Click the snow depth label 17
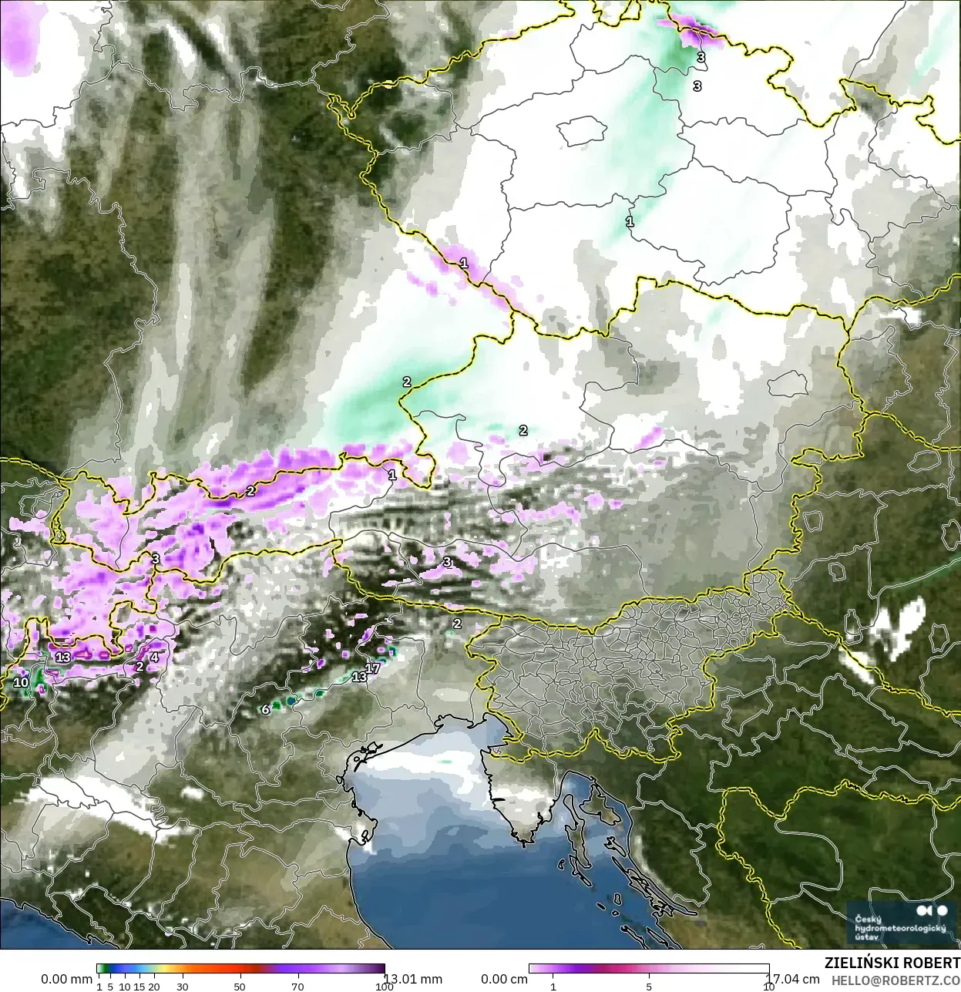click(x=373, y=667)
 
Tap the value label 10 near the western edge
click(x=21, y=682)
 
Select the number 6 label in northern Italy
click(x=266, y=709)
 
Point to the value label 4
click(x=154, y=657)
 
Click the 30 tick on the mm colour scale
click(x=182, y=987)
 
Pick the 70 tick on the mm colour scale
click(x=297, y=987)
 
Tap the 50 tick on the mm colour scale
click(x=240, y=987)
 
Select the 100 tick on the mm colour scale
click(x=385, y=987)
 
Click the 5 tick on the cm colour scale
click(x=648, y=987)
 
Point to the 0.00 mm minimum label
click(x=66, y=979)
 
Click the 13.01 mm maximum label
click(x=412, y=979)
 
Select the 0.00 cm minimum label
click(x=504, y=979)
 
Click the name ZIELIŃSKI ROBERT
click(x=892, y=963)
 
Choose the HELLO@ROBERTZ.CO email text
click(x=895, y=980)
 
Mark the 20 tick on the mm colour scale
click(x=153, y=987)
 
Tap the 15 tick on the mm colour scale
click(x=139, y=987)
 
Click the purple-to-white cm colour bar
click(x=648, y=969)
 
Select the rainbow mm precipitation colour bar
click(x=240, y=969)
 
